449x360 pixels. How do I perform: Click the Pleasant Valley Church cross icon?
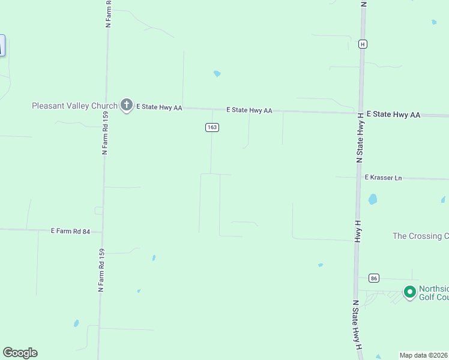click(126, 105)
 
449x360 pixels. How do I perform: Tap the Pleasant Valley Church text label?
click(74, 106)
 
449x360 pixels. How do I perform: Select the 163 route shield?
click(211, 127)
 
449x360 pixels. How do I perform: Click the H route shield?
click(363, 44)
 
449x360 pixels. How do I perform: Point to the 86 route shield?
click(375, 278)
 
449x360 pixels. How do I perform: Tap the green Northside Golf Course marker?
click(410, 292)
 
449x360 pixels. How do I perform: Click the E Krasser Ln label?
click(383, 178)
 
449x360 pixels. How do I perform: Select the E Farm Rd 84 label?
click(70, 230)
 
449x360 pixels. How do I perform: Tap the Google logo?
click(20, 353)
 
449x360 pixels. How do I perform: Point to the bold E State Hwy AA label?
click(393, 114)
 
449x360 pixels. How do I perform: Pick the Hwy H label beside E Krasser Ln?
click(357, 231)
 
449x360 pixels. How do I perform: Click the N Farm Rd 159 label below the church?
click(105, 133)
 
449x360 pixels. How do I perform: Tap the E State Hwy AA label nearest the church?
click(159, 107)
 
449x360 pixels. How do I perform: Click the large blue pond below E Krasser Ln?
click(372, 199)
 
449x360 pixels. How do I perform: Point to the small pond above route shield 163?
click(217, 74)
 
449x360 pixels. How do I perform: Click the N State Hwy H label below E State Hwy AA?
click(360, 139)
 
